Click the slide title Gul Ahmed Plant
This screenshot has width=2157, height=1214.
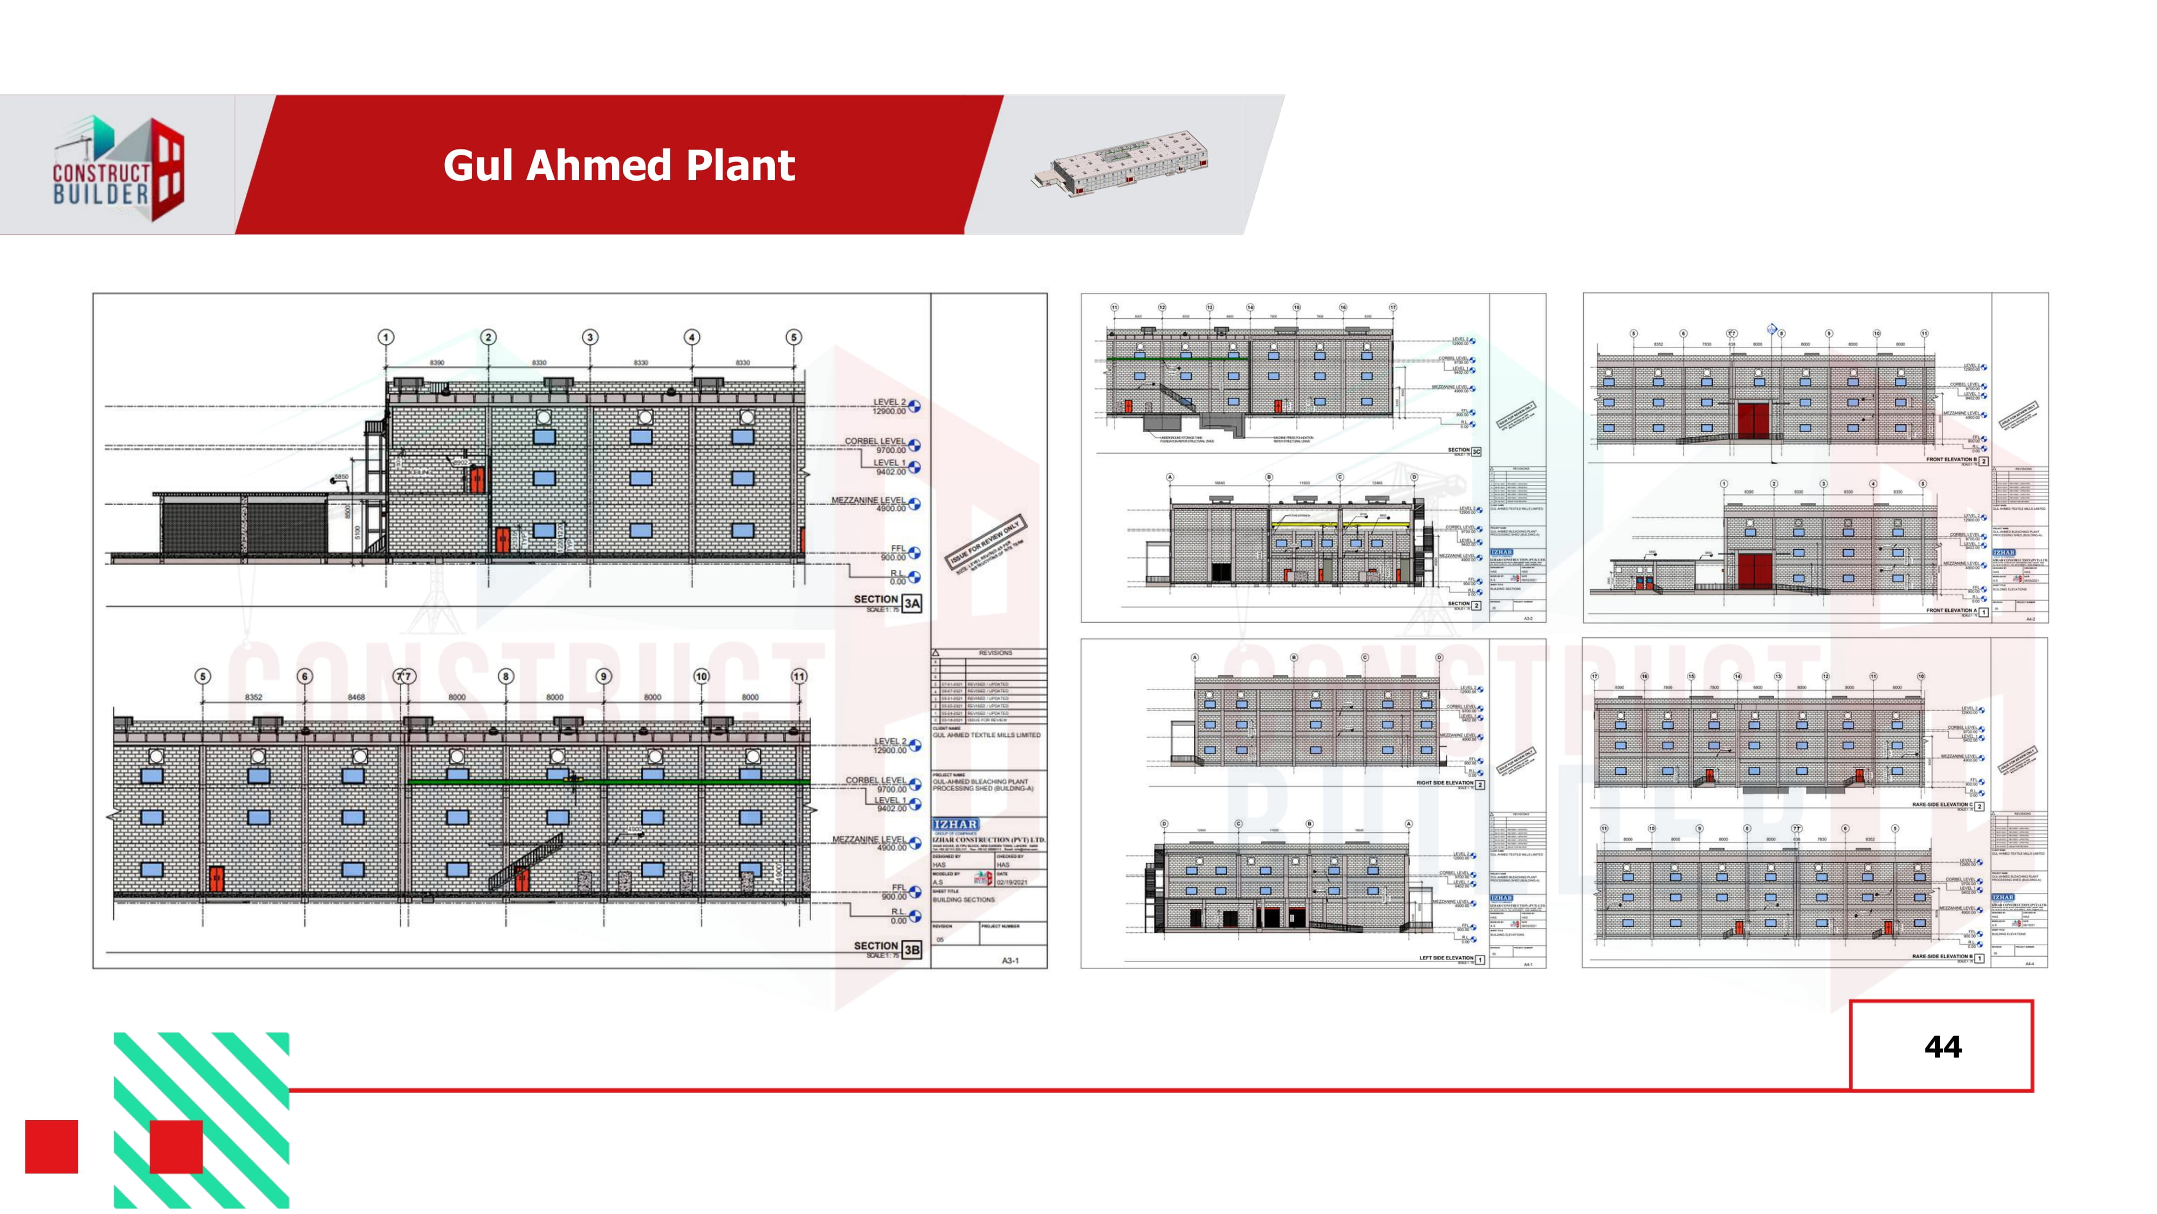pos(619,165)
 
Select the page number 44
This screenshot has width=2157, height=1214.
pos(1942,1046)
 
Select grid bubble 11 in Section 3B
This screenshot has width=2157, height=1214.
pos(799,676)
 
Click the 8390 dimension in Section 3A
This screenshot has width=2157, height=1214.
pos(437,363)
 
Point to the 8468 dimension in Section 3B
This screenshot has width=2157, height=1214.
pos(356,697)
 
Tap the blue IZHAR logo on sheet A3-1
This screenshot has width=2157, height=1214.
pos(956,824)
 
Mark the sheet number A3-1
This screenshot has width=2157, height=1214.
pos(1011,960)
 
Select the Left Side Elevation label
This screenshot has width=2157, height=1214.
pos(1446,958)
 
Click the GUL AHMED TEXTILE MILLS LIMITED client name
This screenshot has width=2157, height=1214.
pos(986,735)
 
